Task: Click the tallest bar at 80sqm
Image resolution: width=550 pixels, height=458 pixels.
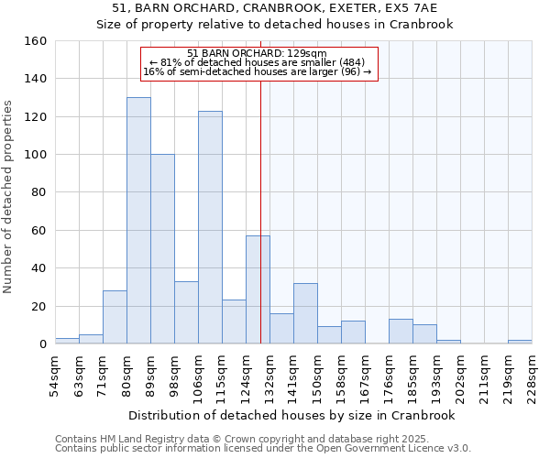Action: [138, 221]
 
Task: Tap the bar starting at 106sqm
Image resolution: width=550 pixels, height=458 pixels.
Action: [210, 227]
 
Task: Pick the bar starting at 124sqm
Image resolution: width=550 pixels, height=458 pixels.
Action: [258, 289]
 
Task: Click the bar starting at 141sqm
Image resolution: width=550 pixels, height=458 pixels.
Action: [305, 313]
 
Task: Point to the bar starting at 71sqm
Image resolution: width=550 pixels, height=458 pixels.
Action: [115, 317]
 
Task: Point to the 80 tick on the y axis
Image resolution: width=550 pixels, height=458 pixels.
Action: [38, 192]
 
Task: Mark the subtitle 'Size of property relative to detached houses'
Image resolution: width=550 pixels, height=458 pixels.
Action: [275, 25]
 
